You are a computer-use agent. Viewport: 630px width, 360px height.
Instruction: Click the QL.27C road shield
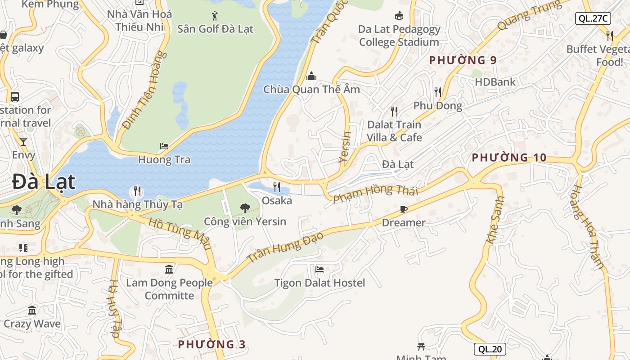click(x=593, y=18)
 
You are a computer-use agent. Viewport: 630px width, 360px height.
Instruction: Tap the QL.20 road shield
click(x=490, y=349)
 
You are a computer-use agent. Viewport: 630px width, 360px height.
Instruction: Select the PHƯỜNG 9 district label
click(x=463, y=60)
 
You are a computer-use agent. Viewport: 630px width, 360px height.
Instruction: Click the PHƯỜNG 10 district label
click(x=509, y=157)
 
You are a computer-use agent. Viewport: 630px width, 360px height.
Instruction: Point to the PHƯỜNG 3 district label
click(x=212, y=344)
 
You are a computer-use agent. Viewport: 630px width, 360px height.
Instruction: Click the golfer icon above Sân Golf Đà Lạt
click(x=215, y=16)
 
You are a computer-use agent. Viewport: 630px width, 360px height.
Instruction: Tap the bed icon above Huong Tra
click(x=164, y=146)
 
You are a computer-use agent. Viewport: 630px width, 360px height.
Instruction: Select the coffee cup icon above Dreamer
click(x=404, y=209)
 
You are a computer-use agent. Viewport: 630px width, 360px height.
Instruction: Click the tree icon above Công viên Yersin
click(x=245, y=208)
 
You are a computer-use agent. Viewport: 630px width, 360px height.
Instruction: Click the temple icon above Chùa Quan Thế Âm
click(x=311, y=76)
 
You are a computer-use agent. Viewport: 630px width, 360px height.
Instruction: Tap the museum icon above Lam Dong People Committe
click(x=169, y=269)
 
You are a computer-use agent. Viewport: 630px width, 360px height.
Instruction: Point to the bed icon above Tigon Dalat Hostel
click(x=319, y=270)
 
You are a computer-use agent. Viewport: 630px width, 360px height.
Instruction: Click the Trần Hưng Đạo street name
click(x=285, y=247)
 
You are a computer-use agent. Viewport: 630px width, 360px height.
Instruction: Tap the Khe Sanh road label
click(x=495, y=220)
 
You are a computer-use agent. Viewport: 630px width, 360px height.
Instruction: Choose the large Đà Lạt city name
click(x=44, y=182)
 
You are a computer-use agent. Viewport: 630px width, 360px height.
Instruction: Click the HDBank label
click(x=495, y=82)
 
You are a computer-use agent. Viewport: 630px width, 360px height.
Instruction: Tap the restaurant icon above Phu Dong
click(x=438, y=92)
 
